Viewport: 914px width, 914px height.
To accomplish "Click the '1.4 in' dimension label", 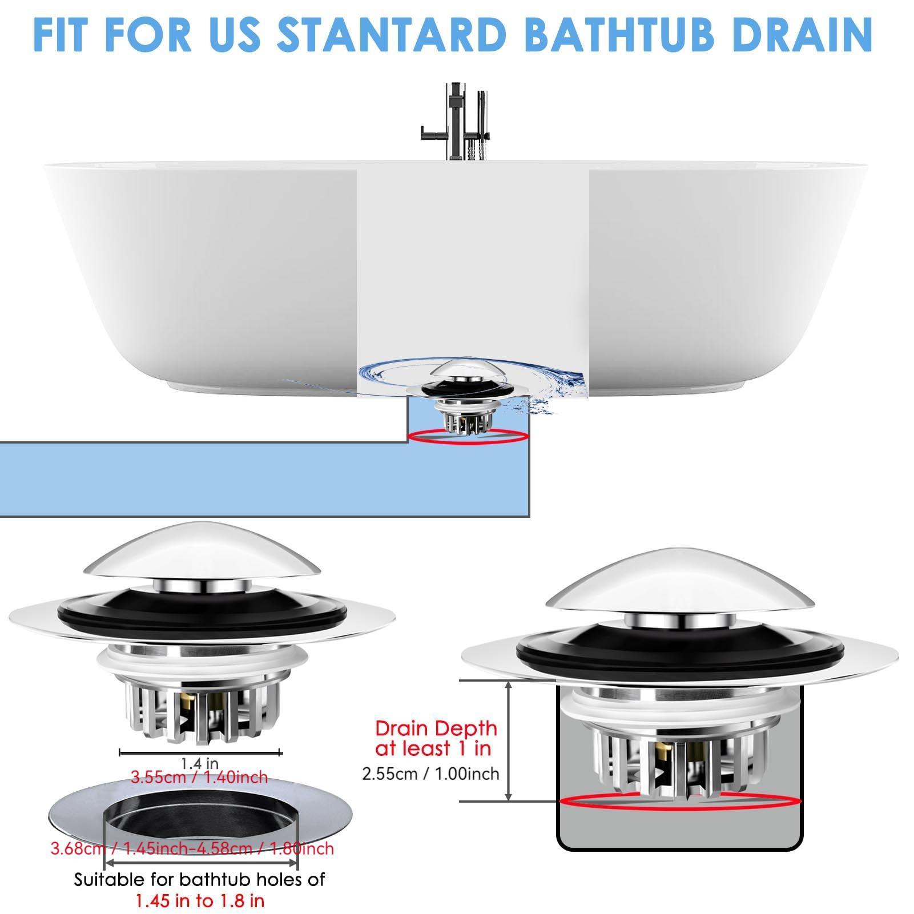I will pos(200,763).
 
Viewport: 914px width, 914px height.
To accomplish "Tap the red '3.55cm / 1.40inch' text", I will pos(200,777).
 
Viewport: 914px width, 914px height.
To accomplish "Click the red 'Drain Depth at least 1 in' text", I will pos(435,738).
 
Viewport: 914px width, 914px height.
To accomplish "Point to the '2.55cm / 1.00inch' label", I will pos(431,774).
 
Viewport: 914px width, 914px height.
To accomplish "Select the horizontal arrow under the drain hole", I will pos(200,864).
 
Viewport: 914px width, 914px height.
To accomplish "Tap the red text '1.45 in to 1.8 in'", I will pos(200,901).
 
